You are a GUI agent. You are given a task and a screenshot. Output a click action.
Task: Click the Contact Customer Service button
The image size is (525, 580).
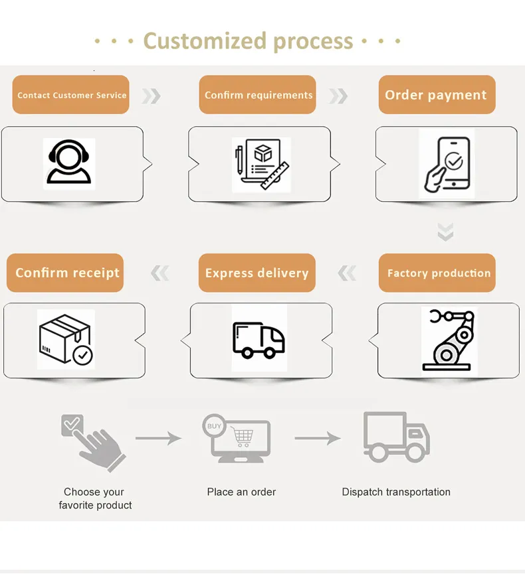click(x=70, y=95)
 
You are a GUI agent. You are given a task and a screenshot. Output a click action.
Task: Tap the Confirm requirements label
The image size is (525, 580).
click(x=258, y=95)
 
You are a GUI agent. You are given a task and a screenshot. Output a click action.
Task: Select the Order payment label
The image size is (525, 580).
click(x=437, y=95)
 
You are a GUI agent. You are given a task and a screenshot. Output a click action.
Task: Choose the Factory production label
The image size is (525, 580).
click(x=438, y=273)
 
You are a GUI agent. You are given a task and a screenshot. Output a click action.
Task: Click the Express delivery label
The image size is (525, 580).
click(x=257, y=273)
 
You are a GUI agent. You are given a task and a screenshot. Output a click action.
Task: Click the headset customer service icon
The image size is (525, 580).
click(x=68, y=163)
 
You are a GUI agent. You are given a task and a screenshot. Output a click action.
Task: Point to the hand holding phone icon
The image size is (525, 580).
click(x=447, y=163)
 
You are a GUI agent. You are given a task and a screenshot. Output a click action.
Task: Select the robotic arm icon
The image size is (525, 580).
click(x=449, y=338)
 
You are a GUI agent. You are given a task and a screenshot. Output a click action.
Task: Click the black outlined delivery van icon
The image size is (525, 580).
click(x=259, y=338)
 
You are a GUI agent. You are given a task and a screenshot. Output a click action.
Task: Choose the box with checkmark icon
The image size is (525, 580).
click(x=65, y=340)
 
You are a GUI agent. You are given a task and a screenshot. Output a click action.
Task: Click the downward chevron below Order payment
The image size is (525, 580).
click(x=445, y=232)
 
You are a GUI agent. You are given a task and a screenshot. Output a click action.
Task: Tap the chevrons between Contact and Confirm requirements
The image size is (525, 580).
click(x=152, y=96)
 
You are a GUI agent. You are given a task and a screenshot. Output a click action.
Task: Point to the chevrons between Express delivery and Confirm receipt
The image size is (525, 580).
click(x=159, y=273)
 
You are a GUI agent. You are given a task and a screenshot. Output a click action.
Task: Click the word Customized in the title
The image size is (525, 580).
click(x=205, y=41)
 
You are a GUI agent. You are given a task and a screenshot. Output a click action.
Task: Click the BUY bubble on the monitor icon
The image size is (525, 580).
click(x=215, y=426)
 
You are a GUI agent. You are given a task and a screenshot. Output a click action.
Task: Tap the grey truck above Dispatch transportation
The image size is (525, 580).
click(x=396, y=437)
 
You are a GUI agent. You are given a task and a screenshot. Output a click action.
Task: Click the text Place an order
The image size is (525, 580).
click(x=241, y=492)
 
